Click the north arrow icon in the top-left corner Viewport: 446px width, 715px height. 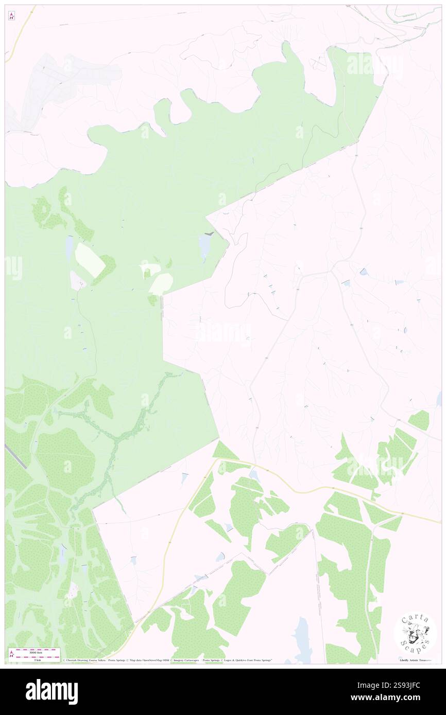point(11,16)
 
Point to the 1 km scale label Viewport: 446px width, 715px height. point(35,660)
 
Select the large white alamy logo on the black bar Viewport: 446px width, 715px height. point(52,691)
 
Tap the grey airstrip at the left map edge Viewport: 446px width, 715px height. point(15,456)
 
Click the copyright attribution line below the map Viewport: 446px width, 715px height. point(167,660)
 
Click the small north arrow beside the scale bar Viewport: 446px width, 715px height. point(11,653)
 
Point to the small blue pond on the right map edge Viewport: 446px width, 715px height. point(439,399)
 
